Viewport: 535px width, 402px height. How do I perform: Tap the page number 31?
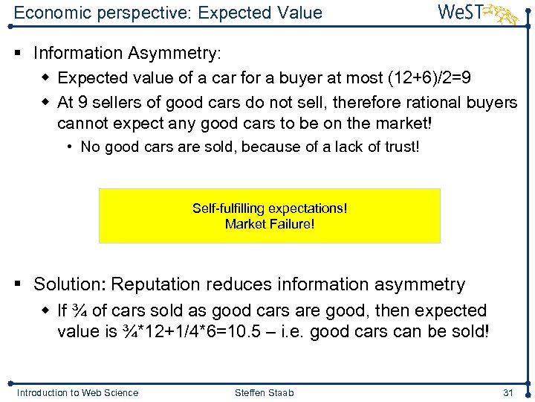click(508, 392)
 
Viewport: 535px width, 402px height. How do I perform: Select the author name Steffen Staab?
click(265, 392)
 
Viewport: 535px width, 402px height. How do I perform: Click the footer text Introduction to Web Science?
click(77, 392)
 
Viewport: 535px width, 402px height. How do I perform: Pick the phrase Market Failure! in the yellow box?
click(270, 223)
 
